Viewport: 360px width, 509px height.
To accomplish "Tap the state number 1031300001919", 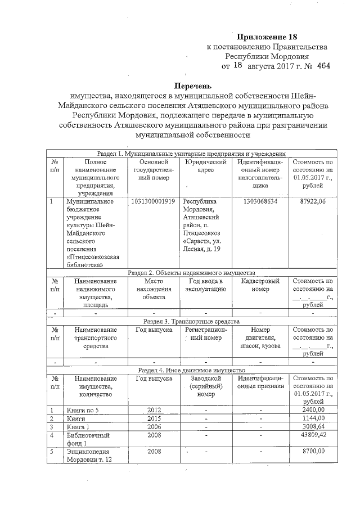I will [x=152, y=201].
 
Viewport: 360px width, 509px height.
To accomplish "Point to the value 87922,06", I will [x=313, y=201].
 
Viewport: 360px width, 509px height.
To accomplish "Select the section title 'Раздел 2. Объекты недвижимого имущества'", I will [x=191, y=272].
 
